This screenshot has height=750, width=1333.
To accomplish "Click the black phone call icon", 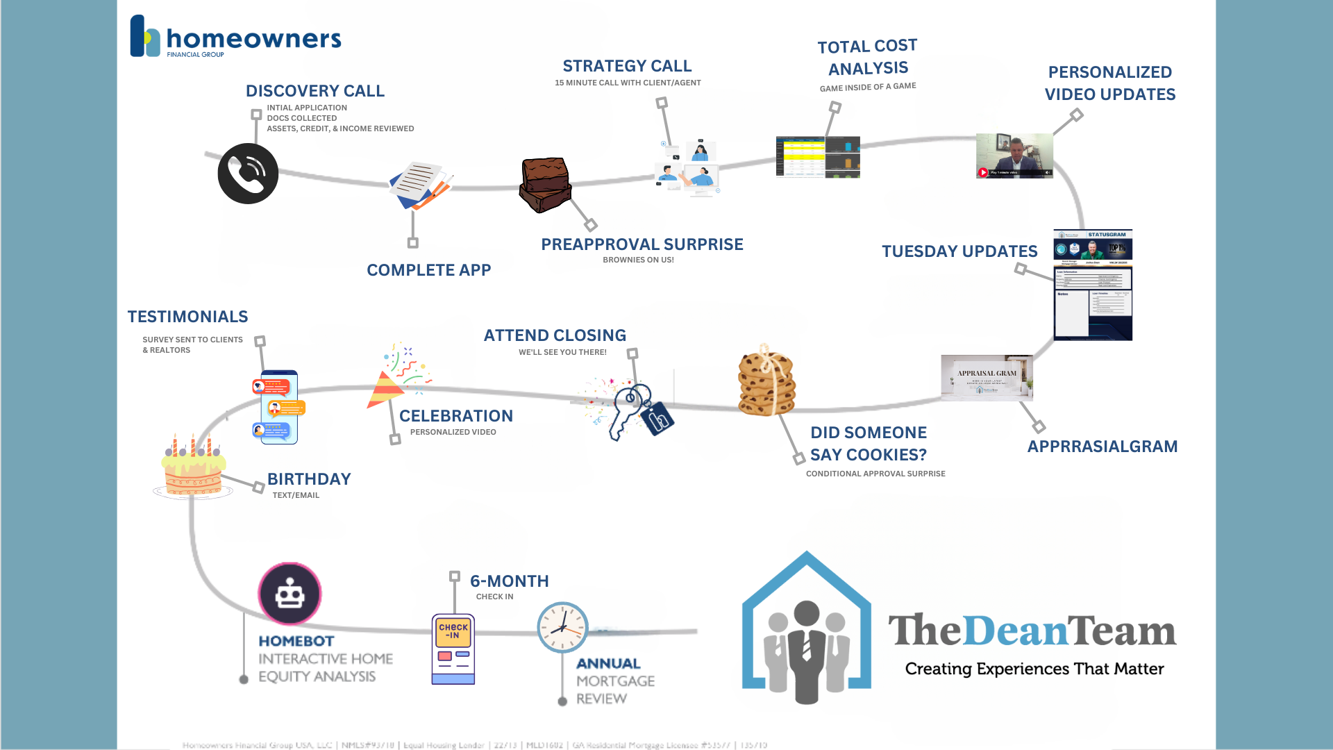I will tap(248, 174).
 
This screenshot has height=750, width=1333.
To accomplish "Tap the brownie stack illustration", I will tap(545, 185).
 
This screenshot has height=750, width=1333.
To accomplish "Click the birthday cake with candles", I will tap(193, 469).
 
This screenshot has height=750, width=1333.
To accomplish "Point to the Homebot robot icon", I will tap(290, 594).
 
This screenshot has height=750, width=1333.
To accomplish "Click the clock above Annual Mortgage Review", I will tap(562, 627).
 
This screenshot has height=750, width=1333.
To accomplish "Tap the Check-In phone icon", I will tap(453, 649).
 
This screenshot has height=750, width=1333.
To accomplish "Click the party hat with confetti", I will tap(396, 378).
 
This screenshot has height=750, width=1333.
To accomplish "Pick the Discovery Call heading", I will tap(315, 91).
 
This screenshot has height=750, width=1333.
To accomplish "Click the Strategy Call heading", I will tap(627, 66).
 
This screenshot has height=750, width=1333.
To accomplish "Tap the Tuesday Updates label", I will tap(959, 251).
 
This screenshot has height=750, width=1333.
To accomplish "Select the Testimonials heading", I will tap(187, 317).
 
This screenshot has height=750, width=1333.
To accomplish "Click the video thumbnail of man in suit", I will tap(1014, 156).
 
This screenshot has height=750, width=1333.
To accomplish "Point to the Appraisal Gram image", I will tap(987, 378).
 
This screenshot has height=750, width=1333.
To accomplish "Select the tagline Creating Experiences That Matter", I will tap(1034, 669).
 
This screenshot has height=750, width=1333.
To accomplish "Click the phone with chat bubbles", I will tap(278, 408).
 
